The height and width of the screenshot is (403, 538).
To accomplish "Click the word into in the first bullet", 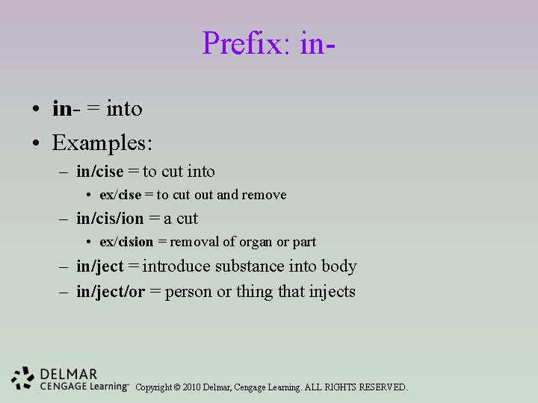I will pyautogui.click(x=124, y=109).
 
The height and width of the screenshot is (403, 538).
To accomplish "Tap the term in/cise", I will pyautogui.click(x=99, y=172).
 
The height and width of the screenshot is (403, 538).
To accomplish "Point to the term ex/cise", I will pyautogui.click(x=120, y=195).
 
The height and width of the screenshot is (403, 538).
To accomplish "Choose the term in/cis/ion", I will pyautogui.click(x=110, y=219).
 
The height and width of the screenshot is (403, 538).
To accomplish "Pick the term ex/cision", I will pyautogui.click(x=126, y=242).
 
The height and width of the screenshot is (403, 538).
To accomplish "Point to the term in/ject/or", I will pyautogui.click(x=111, y=291).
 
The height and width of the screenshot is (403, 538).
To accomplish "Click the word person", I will pyautogui.click(x=188, y=292).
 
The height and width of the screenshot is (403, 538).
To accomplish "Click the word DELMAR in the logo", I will pyautogui.click(x=69, y=373).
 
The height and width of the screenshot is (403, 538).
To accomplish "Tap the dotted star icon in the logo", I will pyautogui.click(x=23, y=378).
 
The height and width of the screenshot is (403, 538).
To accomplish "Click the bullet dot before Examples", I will pyautogui.click(x=36, y=142).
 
